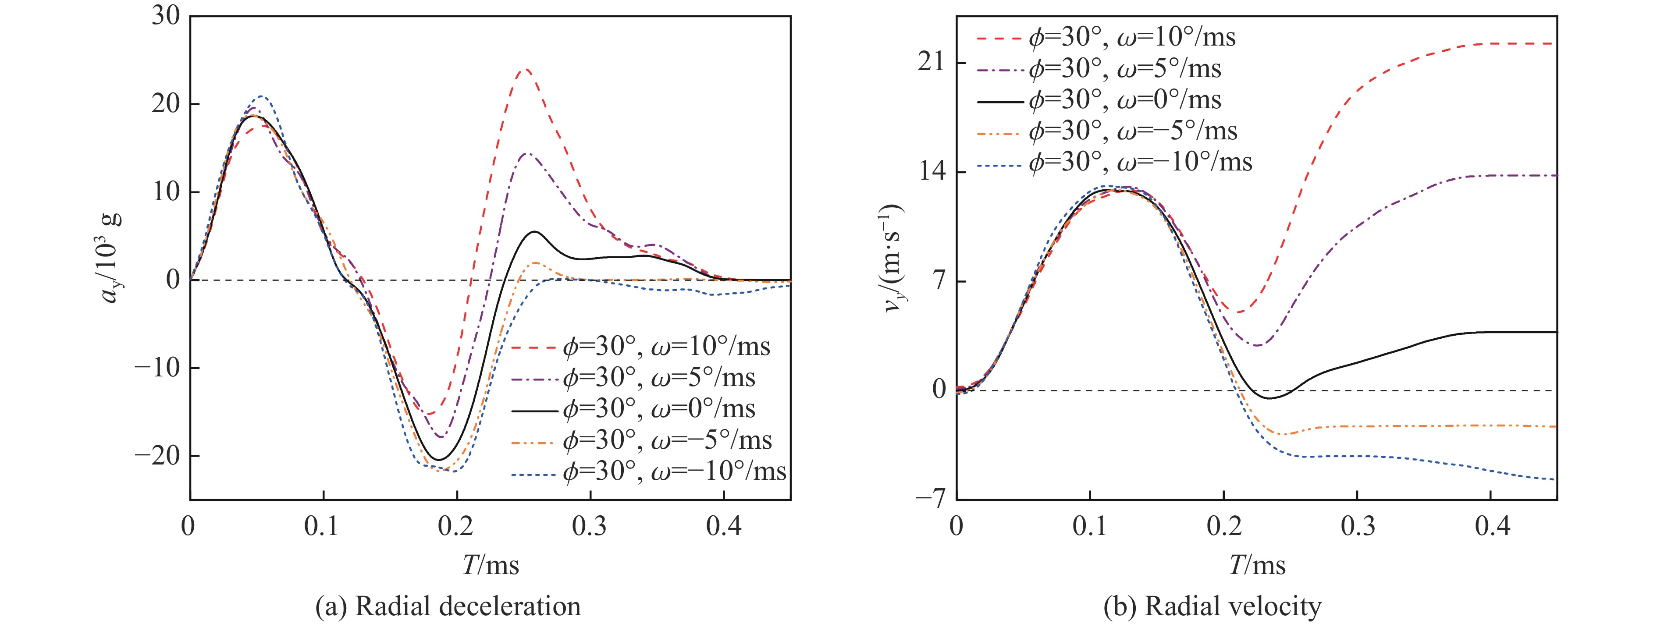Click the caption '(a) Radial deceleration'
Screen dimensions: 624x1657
448,606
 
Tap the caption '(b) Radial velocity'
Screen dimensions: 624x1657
1213,606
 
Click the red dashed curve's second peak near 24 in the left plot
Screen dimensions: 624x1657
526,70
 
